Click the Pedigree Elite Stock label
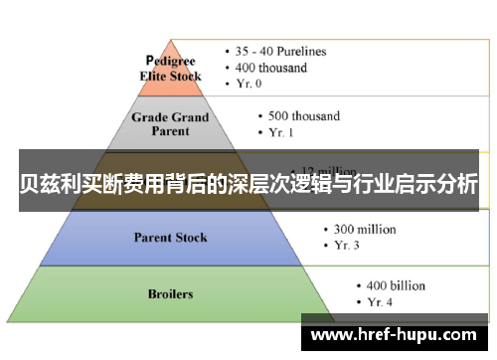(170, 68)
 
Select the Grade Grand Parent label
(171, 123)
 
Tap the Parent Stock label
(171, 238)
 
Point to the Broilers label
(171, 294)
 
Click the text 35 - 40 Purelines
(282, 51)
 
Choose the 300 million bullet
(360, 229)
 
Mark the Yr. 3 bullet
(347, 246)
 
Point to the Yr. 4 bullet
(380, 302)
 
